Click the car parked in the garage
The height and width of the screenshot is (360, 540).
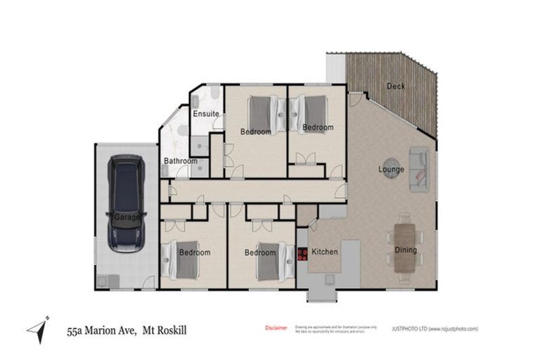(x=126, y=204)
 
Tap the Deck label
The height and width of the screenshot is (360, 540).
(x=396, y=86)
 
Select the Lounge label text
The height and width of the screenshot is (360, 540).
(x=390, y=169)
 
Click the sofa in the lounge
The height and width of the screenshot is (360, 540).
(x=420, y=169)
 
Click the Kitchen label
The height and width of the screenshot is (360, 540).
(x=325, y=252)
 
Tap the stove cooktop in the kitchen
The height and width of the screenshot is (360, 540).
(x=303, y=254)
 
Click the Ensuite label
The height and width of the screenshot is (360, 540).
(x=206, y=114)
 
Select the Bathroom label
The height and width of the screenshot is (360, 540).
(x=180, y=161)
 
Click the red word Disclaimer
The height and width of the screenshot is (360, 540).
(x=276, y=328)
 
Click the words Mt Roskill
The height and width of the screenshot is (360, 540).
(x=165, y=329)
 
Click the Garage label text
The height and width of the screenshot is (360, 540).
(x=127, y=217)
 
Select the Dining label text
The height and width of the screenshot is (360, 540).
(x=405, y=250)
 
